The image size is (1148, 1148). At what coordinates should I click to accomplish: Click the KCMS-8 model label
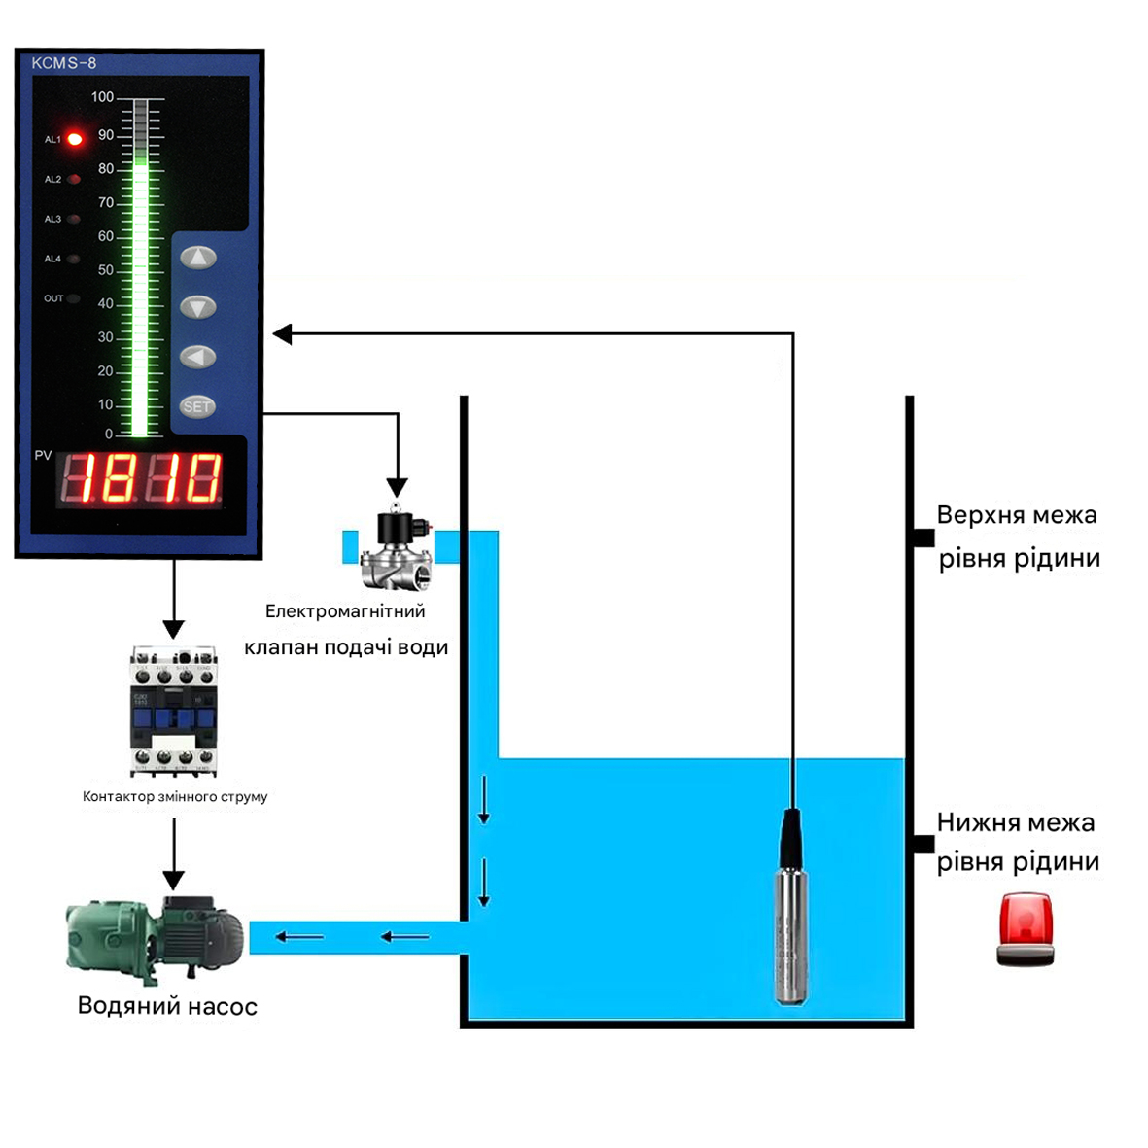click(64, 63)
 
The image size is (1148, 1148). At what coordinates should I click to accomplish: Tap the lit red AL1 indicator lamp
click(75, 139)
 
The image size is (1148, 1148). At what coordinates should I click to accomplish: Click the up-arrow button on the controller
click(198, 258)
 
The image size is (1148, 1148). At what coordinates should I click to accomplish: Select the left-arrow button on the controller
click(198, 357)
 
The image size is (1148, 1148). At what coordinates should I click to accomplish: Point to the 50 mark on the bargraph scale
click(105, 270)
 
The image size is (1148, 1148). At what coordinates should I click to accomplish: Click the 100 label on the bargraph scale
click(102, 97)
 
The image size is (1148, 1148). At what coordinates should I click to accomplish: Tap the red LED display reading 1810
click(141, 478)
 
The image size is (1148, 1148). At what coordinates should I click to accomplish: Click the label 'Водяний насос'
click(167, 1006)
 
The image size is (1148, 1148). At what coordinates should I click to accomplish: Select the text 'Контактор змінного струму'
click(175, 796)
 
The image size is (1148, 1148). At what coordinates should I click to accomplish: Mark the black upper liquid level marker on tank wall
click(922, 538)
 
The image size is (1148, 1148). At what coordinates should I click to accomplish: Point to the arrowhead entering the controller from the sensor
click(283, 334)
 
